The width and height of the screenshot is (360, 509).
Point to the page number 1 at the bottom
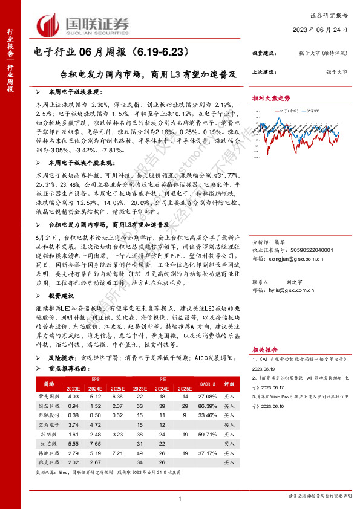(180, 497)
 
